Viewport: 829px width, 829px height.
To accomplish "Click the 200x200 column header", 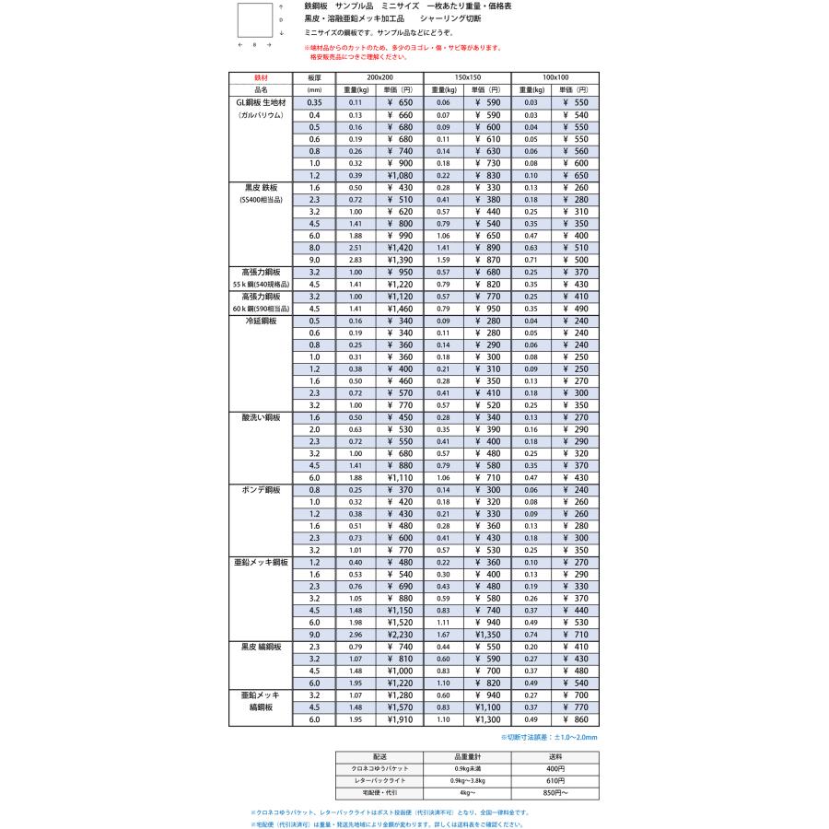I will (380, 77).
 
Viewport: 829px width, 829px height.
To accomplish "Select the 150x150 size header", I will (467, 77).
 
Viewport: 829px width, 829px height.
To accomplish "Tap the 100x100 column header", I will (555, 77).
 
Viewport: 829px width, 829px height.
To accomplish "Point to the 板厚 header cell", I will (314, 77).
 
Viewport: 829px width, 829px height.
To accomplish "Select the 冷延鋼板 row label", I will (260, 321).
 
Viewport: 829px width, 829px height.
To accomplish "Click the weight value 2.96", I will (355, 635).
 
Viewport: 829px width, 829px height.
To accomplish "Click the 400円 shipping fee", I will (555, 766).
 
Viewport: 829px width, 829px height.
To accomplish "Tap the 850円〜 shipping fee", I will (555, 792).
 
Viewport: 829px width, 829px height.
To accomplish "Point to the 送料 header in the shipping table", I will (555, 754).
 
